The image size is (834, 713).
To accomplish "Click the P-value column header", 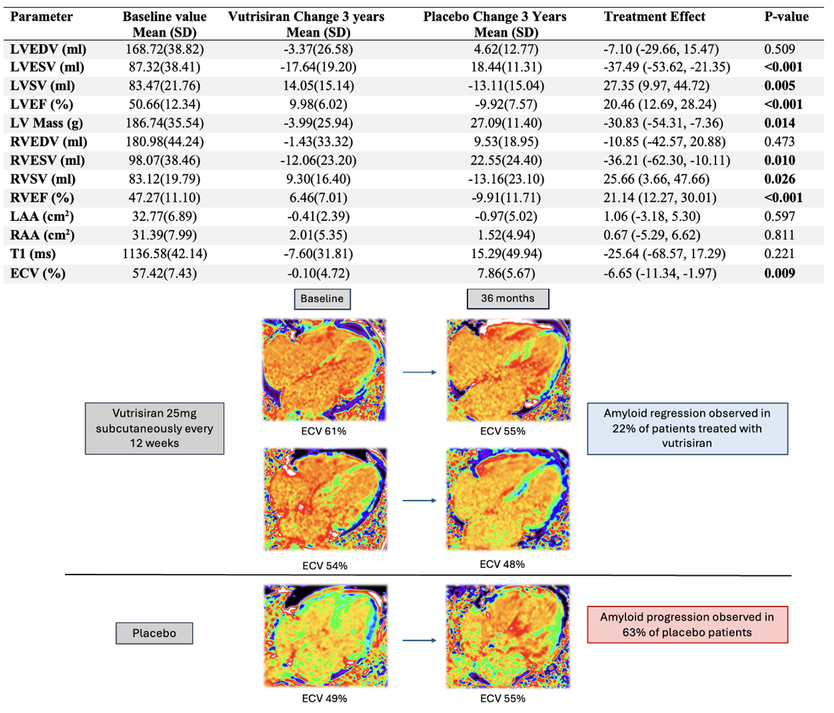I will [x=786, y=17].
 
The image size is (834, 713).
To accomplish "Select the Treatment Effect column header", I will [x=655, y=17].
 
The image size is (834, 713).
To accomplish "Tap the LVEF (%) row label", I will [x=41, y=105].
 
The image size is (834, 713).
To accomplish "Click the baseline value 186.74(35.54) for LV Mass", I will [x=165, y=123].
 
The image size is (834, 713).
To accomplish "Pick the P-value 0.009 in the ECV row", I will [x=780, y=274].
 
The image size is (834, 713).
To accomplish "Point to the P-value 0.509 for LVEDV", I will [x=780, y=49].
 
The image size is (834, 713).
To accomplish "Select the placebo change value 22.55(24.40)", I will [x=506, y=160].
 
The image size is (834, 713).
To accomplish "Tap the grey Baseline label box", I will [x=322, y=299].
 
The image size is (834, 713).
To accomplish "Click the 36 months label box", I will [x=508, y=298].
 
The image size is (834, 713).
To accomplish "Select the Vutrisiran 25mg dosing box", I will [x=155, y=428].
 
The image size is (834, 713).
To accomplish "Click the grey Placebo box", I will [x=154, y=633].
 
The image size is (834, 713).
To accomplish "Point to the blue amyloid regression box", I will [x=687, y=428].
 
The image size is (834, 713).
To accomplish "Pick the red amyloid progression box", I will [x=687, y=625].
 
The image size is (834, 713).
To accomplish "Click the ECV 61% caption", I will [x=323, y=431].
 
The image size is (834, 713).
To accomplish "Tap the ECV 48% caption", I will [x=502, y=564].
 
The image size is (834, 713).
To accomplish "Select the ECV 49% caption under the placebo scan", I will [x=325, y=699].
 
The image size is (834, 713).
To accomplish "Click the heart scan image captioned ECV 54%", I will [x=325, y=499].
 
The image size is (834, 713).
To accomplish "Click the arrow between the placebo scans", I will [x=419, y=640].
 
